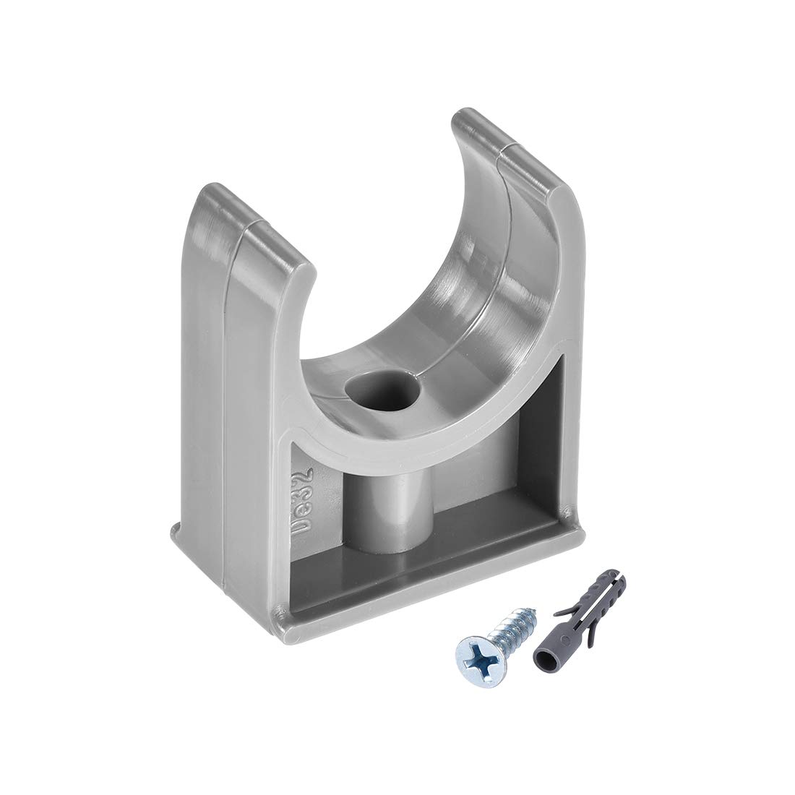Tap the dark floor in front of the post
[x=405, y=571]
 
